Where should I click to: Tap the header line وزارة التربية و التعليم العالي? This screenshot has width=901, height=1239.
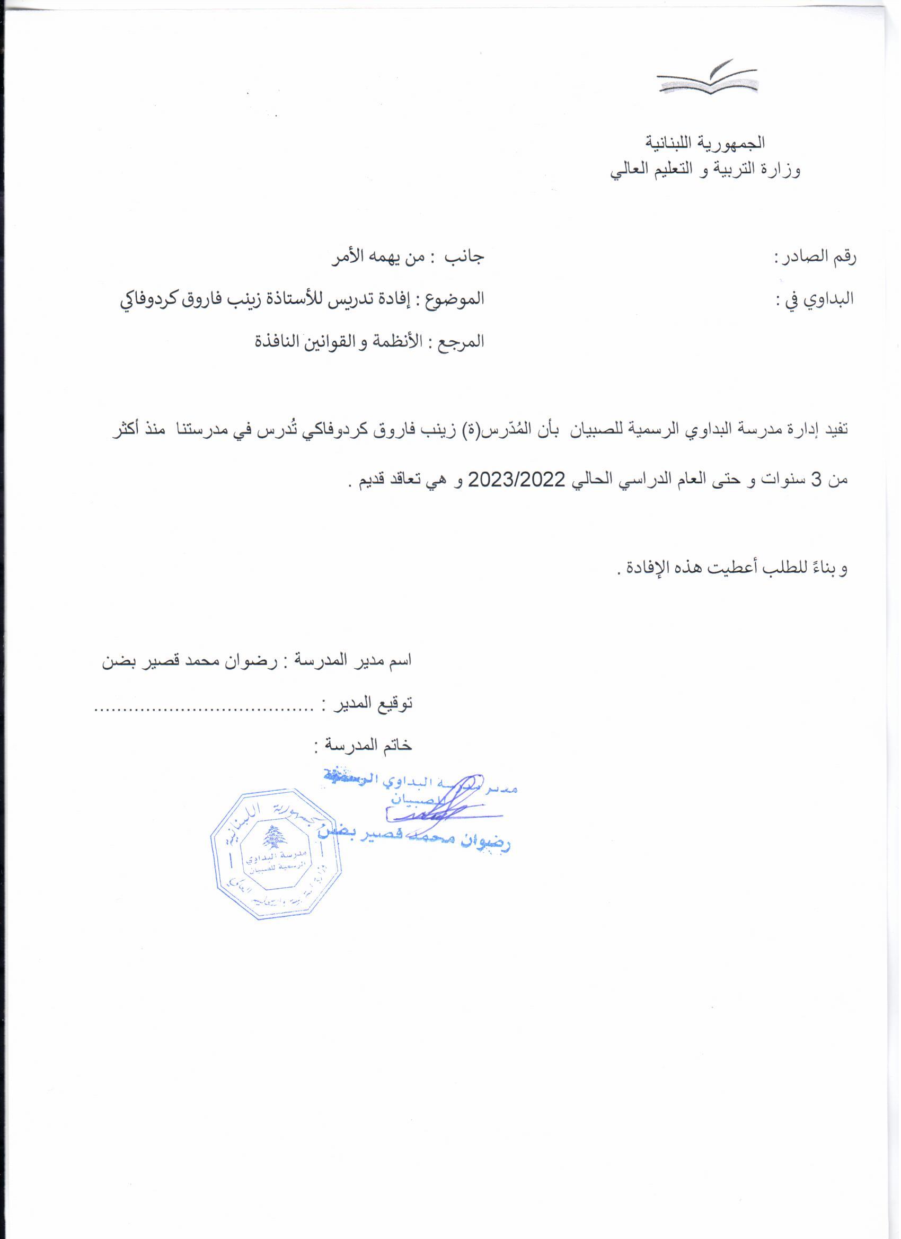pos(705,171)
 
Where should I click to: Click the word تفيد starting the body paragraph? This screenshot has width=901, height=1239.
pos(834,429)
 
